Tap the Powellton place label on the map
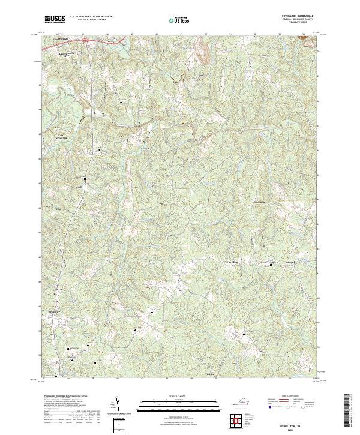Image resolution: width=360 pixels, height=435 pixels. [x=232, y=263]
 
